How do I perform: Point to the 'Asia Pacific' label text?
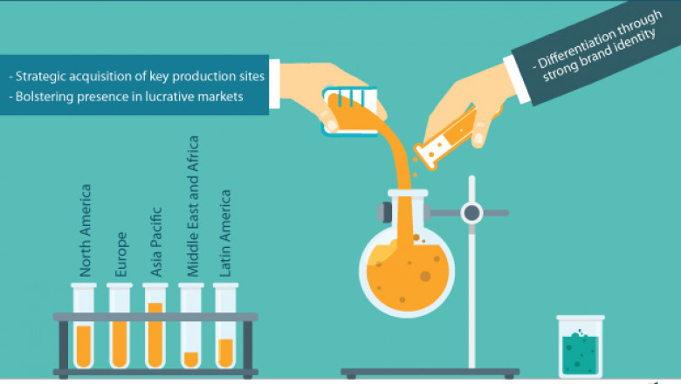coord(156,242)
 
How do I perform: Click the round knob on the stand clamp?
coord(472,212)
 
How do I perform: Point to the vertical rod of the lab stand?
coord(472,288)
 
